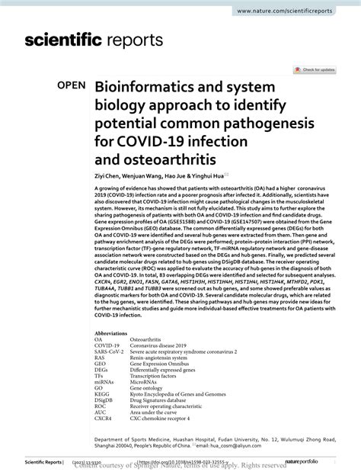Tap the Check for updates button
pyautogui.click(x=318, y=69)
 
